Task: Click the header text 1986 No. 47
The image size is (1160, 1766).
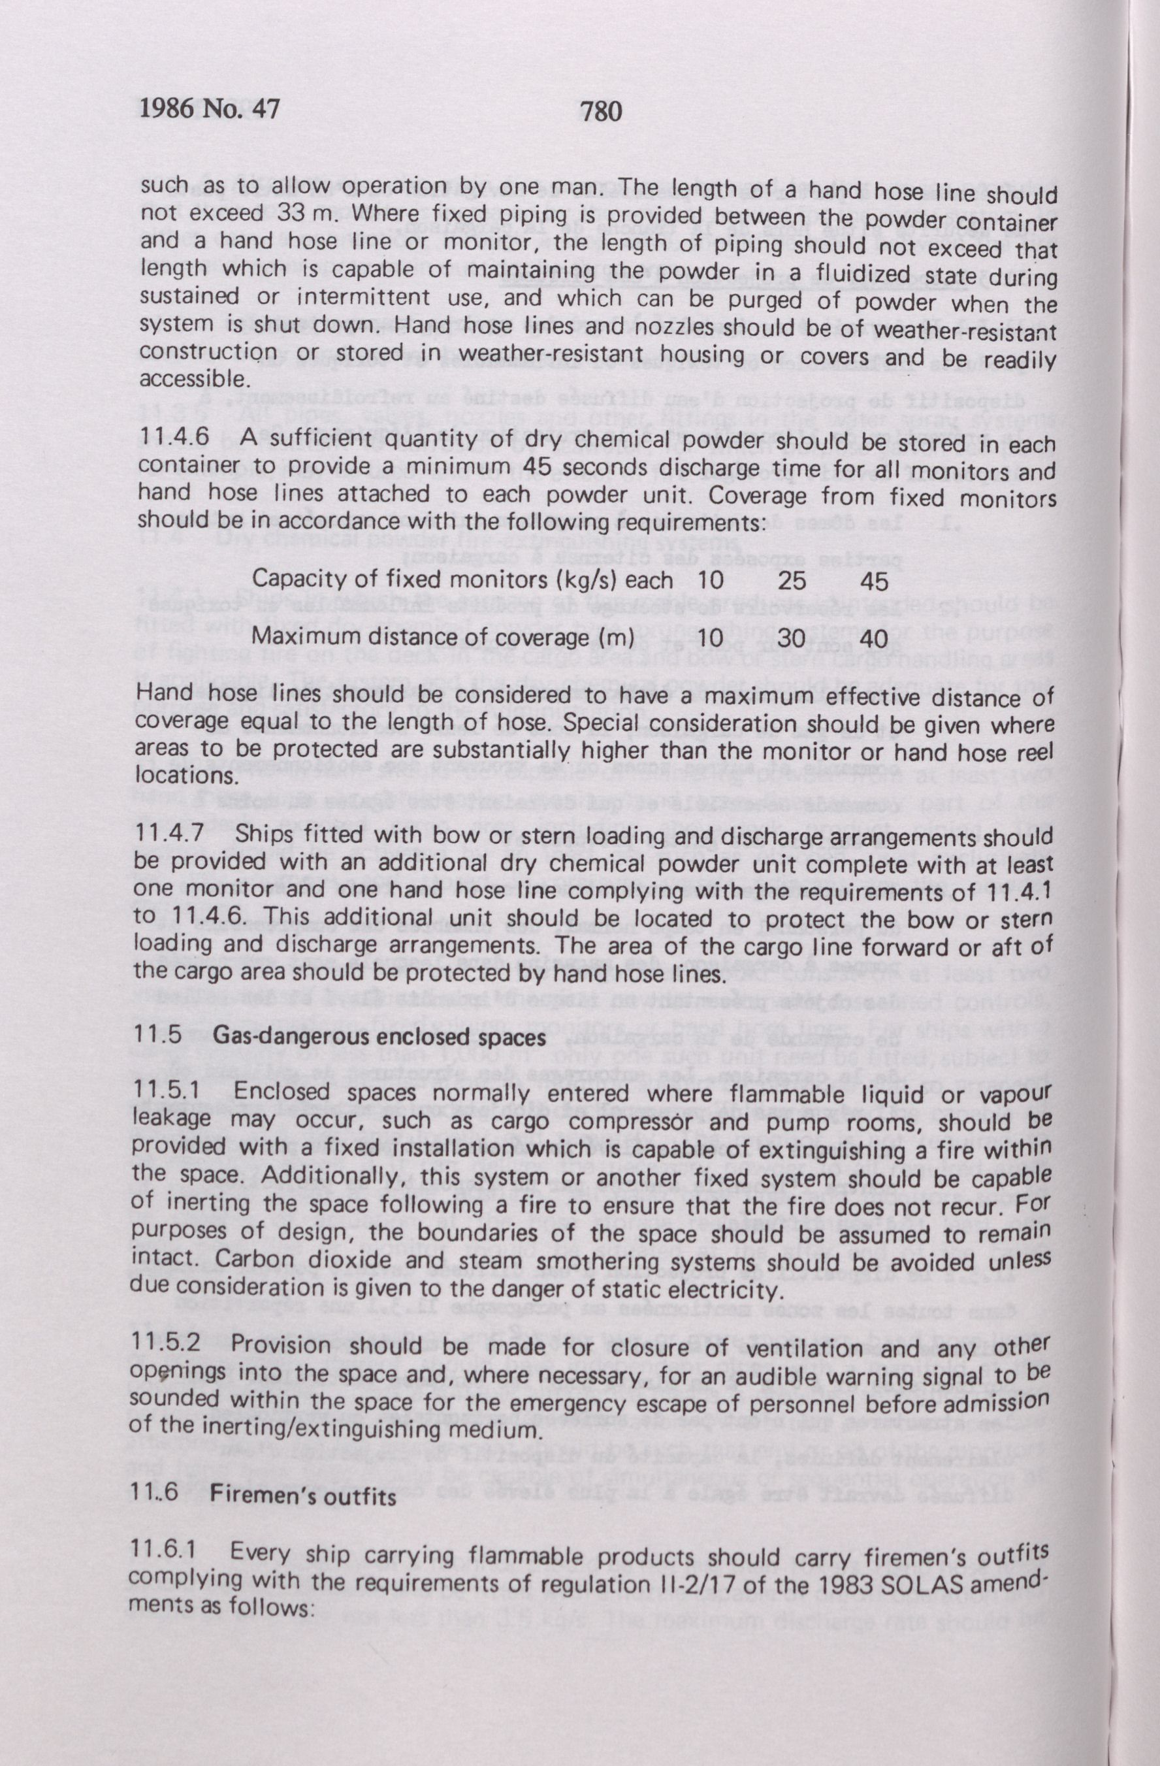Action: (208, 110)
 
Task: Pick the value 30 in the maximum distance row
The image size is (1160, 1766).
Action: (794, 639)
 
